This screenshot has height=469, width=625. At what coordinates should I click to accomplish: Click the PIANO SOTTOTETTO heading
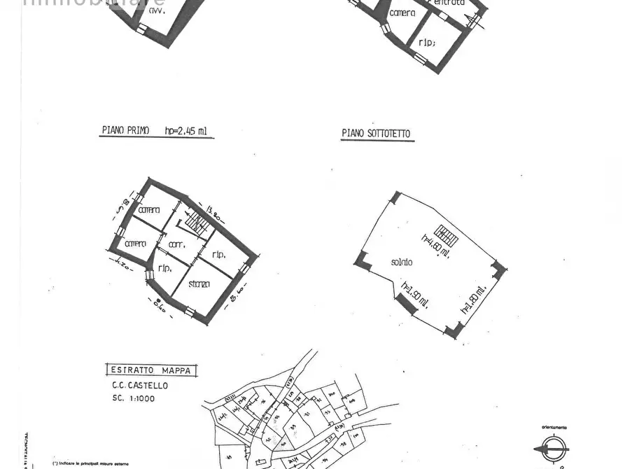376,133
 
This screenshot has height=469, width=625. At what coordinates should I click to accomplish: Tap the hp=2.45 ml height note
187,130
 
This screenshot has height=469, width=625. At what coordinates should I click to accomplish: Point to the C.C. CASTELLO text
140,385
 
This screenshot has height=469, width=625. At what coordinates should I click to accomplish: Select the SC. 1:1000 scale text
133,398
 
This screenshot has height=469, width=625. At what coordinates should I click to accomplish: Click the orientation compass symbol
553,449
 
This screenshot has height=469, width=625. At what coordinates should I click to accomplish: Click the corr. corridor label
176,244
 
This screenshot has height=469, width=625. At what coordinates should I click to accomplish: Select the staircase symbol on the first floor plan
197,225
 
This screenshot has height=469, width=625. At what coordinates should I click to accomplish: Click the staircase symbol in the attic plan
445,236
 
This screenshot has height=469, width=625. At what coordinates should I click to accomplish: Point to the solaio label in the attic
402,262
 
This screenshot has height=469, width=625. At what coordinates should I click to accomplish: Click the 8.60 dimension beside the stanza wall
237,300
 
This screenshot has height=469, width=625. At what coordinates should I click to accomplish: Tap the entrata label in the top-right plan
449,3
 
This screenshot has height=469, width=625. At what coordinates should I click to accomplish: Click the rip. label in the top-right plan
426,41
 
